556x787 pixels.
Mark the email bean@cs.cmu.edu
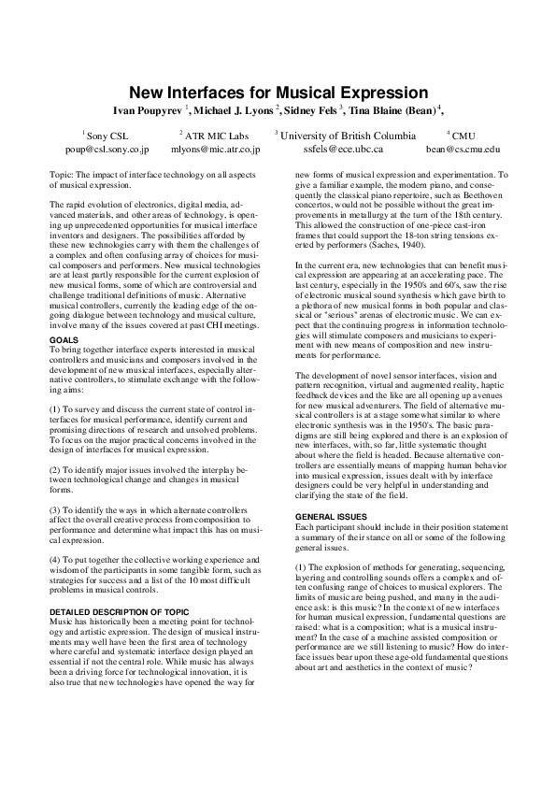tap(463, 149)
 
